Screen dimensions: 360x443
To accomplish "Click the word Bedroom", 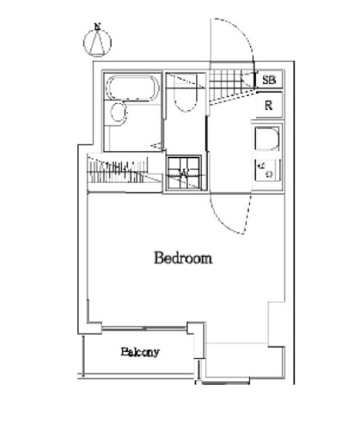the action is click(x=183, y=258).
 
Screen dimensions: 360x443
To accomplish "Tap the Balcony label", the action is click(x=140, y=352).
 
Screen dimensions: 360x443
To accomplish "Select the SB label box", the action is click(x=269, y=80).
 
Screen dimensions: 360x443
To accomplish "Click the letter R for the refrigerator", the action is click(x=268, y=106).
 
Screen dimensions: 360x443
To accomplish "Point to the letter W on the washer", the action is click(x=183, y=173).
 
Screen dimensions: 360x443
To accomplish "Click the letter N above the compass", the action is click(x=98, y=27).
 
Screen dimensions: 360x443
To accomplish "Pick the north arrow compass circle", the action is click(x=97, y=43).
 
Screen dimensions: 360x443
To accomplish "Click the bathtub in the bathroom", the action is click(x=132, y=88).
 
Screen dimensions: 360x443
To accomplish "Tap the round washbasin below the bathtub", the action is click(x=118, y=112).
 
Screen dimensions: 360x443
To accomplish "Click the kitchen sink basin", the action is click(x=267, y=139).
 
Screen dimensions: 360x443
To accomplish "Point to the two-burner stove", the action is click(x=267, y=170).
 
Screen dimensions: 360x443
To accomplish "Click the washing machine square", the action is click(x=185, y=173).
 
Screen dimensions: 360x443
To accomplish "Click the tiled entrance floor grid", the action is click(x=231, y=84).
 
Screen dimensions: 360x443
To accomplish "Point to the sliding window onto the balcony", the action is click(x=144, y=328).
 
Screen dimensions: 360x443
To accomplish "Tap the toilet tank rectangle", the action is click(x=186, y=82).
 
